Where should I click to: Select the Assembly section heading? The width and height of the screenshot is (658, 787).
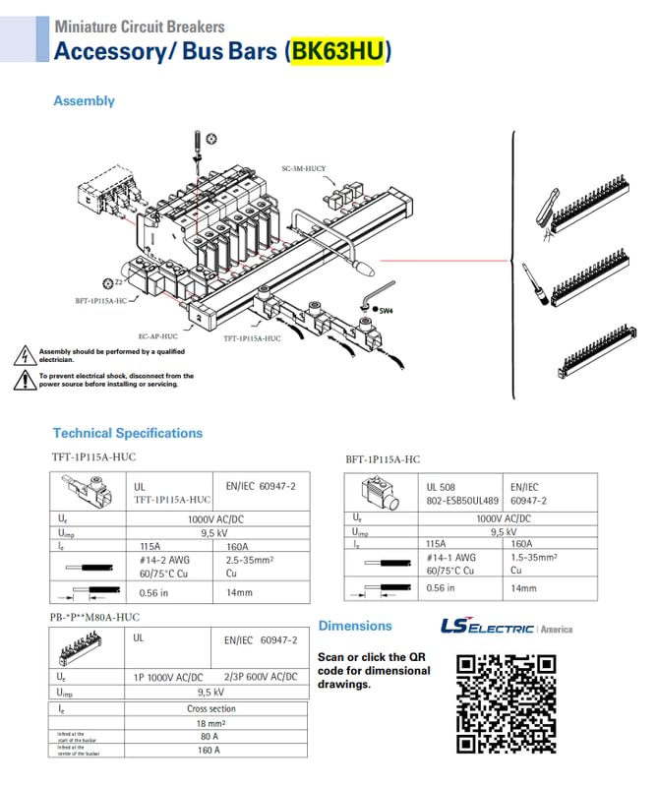(x=84, y=101)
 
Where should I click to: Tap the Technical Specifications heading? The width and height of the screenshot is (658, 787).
(x=127, y=433)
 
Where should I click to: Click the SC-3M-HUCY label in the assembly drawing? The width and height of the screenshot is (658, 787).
(x=303, y=168)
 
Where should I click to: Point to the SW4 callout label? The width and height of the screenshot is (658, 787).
(x=386, y=311)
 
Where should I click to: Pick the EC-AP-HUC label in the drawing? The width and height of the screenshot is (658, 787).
(x=158, y=335)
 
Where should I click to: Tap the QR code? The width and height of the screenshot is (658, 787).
(x=507, y=703)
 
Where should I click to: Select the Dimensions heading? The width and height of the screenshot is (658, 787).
(x=354, y=626)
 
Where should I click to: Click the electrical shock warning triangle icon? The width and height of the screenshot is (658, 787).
(x=24, y=380)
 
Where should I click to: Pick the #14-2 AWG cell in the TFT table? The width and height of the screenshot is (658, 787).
(x=156, y=558)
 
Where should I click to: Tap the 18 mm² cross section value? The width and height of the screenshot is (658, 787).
(x=211, y=722)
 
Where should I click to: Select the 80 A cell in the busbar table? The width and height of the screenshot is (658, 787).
(x=209, y=736)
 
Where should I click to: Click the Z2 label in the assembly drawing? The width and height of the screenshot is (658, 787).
(x=113, y=282)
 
